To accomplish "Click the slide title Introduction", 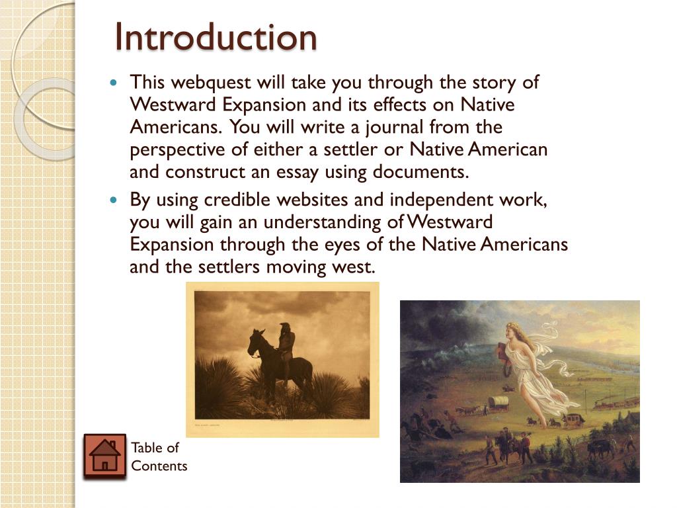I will (216, 37).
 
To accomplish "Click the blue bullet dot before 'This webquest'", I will (113, 84).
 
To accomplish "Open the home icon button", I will (104, 456).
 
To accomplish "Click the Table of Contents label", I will (159, 456).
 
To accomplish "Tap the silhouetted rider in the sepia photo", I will (286, 344).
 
